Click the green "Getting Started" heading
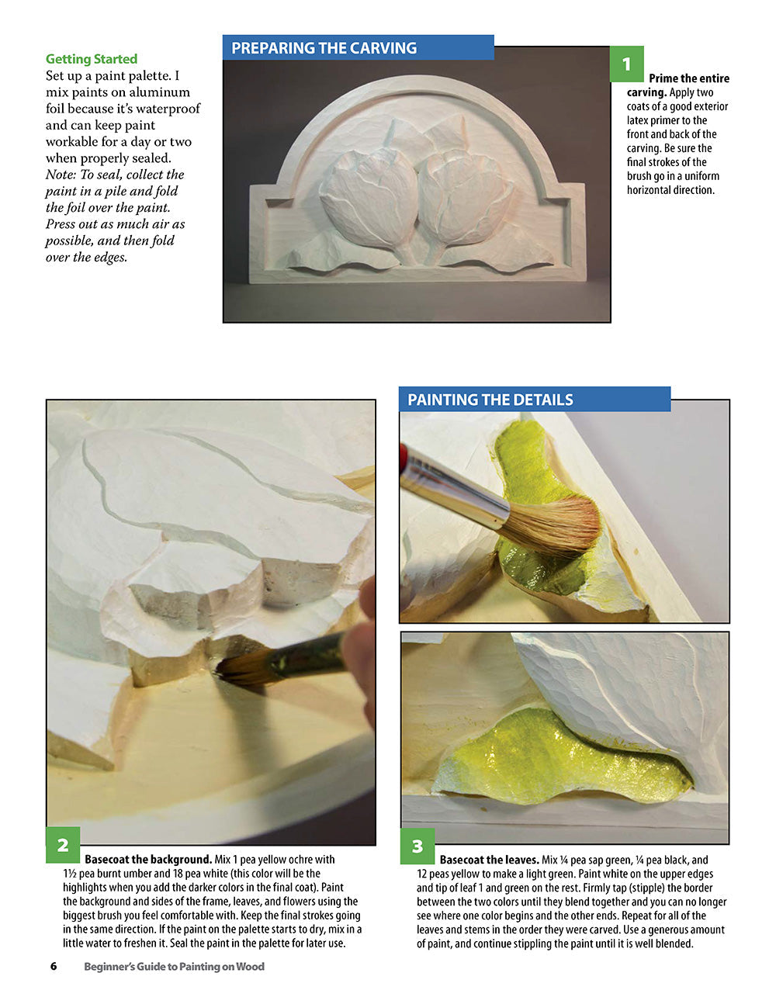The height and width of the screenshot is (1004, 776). point(91,59)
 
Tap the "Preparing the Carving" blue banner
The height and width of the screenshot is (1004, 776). point(324,48)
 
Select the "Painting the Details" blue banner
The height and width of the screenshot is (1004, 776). point(490,400)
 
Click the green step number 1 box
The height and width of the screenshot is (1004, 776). point(626,64)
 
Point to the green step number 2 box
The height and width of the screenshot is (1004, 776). point(63,845)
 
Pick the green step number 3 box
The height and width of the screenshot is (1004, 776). point(417,846)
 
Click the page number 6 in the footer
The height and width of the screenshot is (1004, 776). point(54,966)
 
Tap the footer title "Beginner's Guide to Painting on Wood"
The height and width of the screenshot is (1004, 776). point(174,966)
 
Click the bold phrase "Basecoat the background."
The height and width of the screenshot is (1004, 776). point(148,860)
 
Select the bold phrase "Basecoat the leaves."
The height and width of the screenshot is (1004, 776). point(489,860)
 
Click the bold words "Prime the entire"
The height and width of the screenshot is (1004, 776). point(689,78)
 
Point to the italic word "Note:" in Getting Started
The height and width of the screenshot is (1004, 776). point(61,175)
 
